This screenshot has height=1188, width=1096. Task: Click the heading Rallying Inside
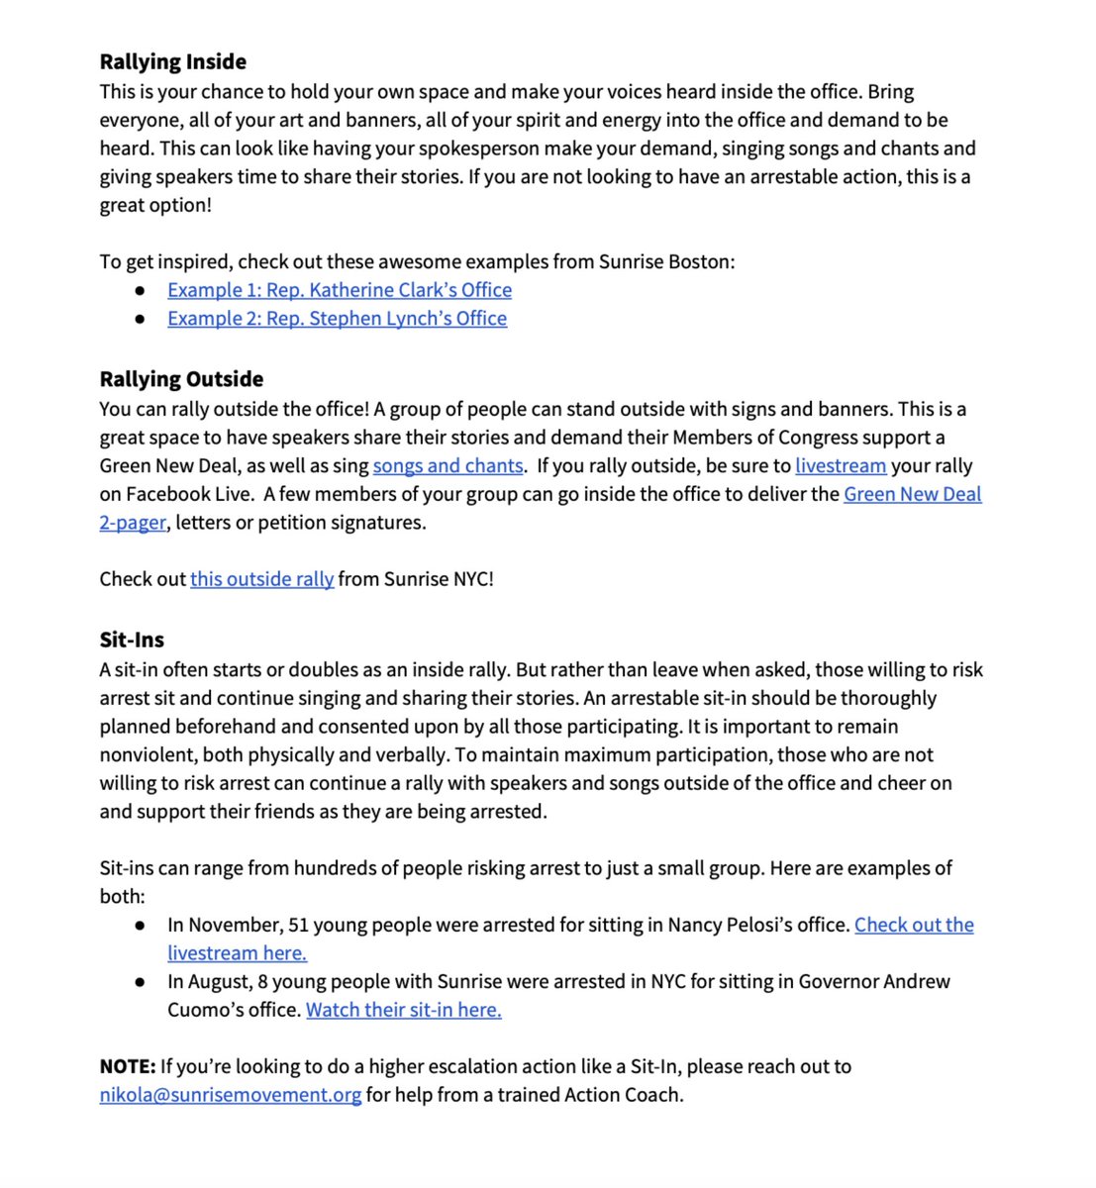pyautogui.click(x=172, y=61)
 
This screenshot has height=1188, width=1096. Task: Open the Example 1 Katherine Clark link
pyautogui.click(x=339, y=290)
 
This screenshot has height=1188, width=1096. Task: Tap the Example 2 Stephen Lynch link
pyautogui.click(x=337, y=319)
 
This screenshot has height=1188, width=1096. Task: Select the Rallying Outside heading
pyautogui.click(x=181, y=379)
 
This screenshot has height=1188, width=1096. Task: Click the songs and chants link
pyautogui.click(x=448, y=465)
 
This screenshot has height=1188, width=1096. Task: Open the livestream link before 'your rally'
pyautogui.click(x=840, y=465)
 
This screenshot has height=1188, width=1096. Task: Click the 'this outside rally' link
pyautogui.click(x=261, y=579)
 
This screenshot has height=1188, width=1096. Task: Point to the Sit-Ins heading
pyautogui.click(x=132, y=640)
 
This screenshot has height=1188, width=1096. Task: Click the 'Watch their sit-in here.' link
pyautogui.click(x=403, y=1010)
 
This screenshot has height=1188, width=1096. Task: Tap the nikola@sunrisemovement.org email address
pyautogui.click(x=230, y=1095)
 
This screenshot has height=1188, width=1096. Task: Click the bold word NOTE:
pyautogui.click(x=128, y=1066)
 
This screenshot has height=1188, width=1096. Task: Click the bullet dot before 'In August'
pyautogui.click(x=142, y=982)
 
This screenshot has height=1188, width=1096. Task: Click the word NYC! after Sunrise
pyautogui.click(x=470, y=579)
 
